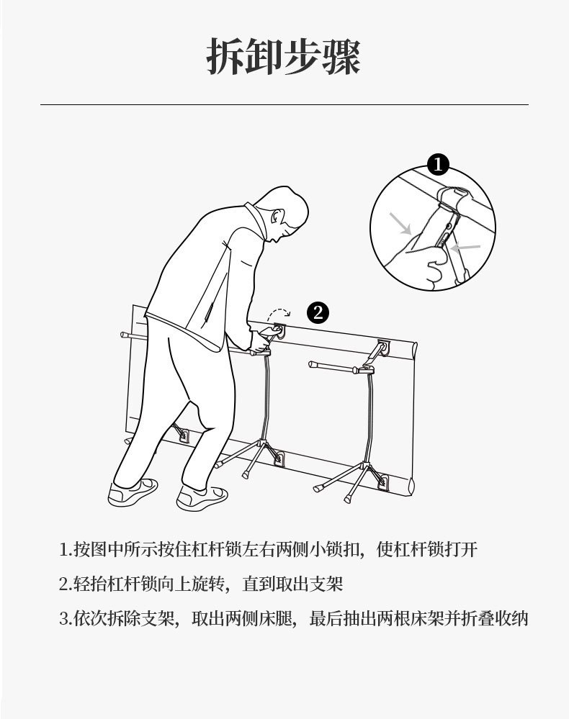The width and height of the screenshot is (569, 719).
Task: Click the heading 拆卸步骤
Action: (283, 57)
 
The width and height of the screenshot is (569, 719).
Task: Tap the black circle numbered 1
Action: (438, 164)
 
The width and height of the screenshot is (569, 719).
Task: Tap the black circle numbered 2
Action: (318, 313)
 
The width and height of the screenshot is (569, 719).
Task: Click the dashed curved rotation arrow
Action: (279, 314)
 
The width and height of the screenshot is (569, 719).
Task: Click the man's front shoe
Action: (202, 497)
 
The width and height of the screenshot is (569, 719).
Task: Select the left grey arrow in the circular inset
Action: (400, 224)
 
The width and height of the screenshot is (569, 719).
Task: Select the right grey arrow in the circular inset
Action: (465, 248)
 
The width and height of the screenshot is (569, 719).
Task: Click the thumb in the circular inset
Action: (435, 255)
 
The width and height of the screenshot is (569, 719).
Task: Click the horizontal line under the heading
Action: (284, 104)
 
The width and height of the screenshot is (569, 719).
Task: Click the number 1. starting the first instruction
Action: (66, 549)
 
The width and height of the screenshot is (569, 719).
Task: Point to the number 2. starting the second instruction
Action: (66, 584)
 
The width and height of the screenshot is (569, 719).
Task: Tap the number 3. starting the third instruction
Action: (66, 619)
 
